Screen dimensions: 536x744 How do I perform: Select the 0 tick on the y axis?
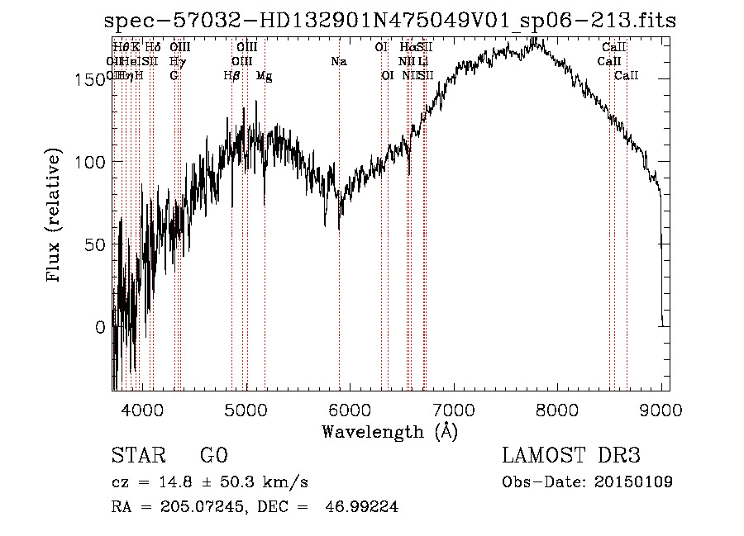pyautogui.click(x=100, y=328)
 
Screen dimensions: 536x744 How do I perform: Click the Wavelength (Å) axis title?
pyautogui.click(x=389, y=431)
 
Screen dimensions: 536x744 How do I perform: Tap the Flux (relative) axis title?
pyautogui.click(x=55, y=216)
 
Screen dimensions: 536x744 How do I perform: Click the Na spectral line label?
pyautogui.click(x=338, y=62)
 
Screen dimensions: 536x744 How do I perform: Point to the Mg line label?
pyautogui.click(x=265, y=76)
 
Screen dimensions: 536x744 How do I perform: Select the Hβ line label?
pyautogui.click(x=232, y=76)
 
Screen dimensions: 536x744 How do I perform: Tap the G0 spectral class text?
pyautogui.click(x=213, y=456)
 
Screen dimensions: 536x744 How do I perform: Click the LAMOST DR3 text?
pyautogui.click(x=571, y=456)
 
